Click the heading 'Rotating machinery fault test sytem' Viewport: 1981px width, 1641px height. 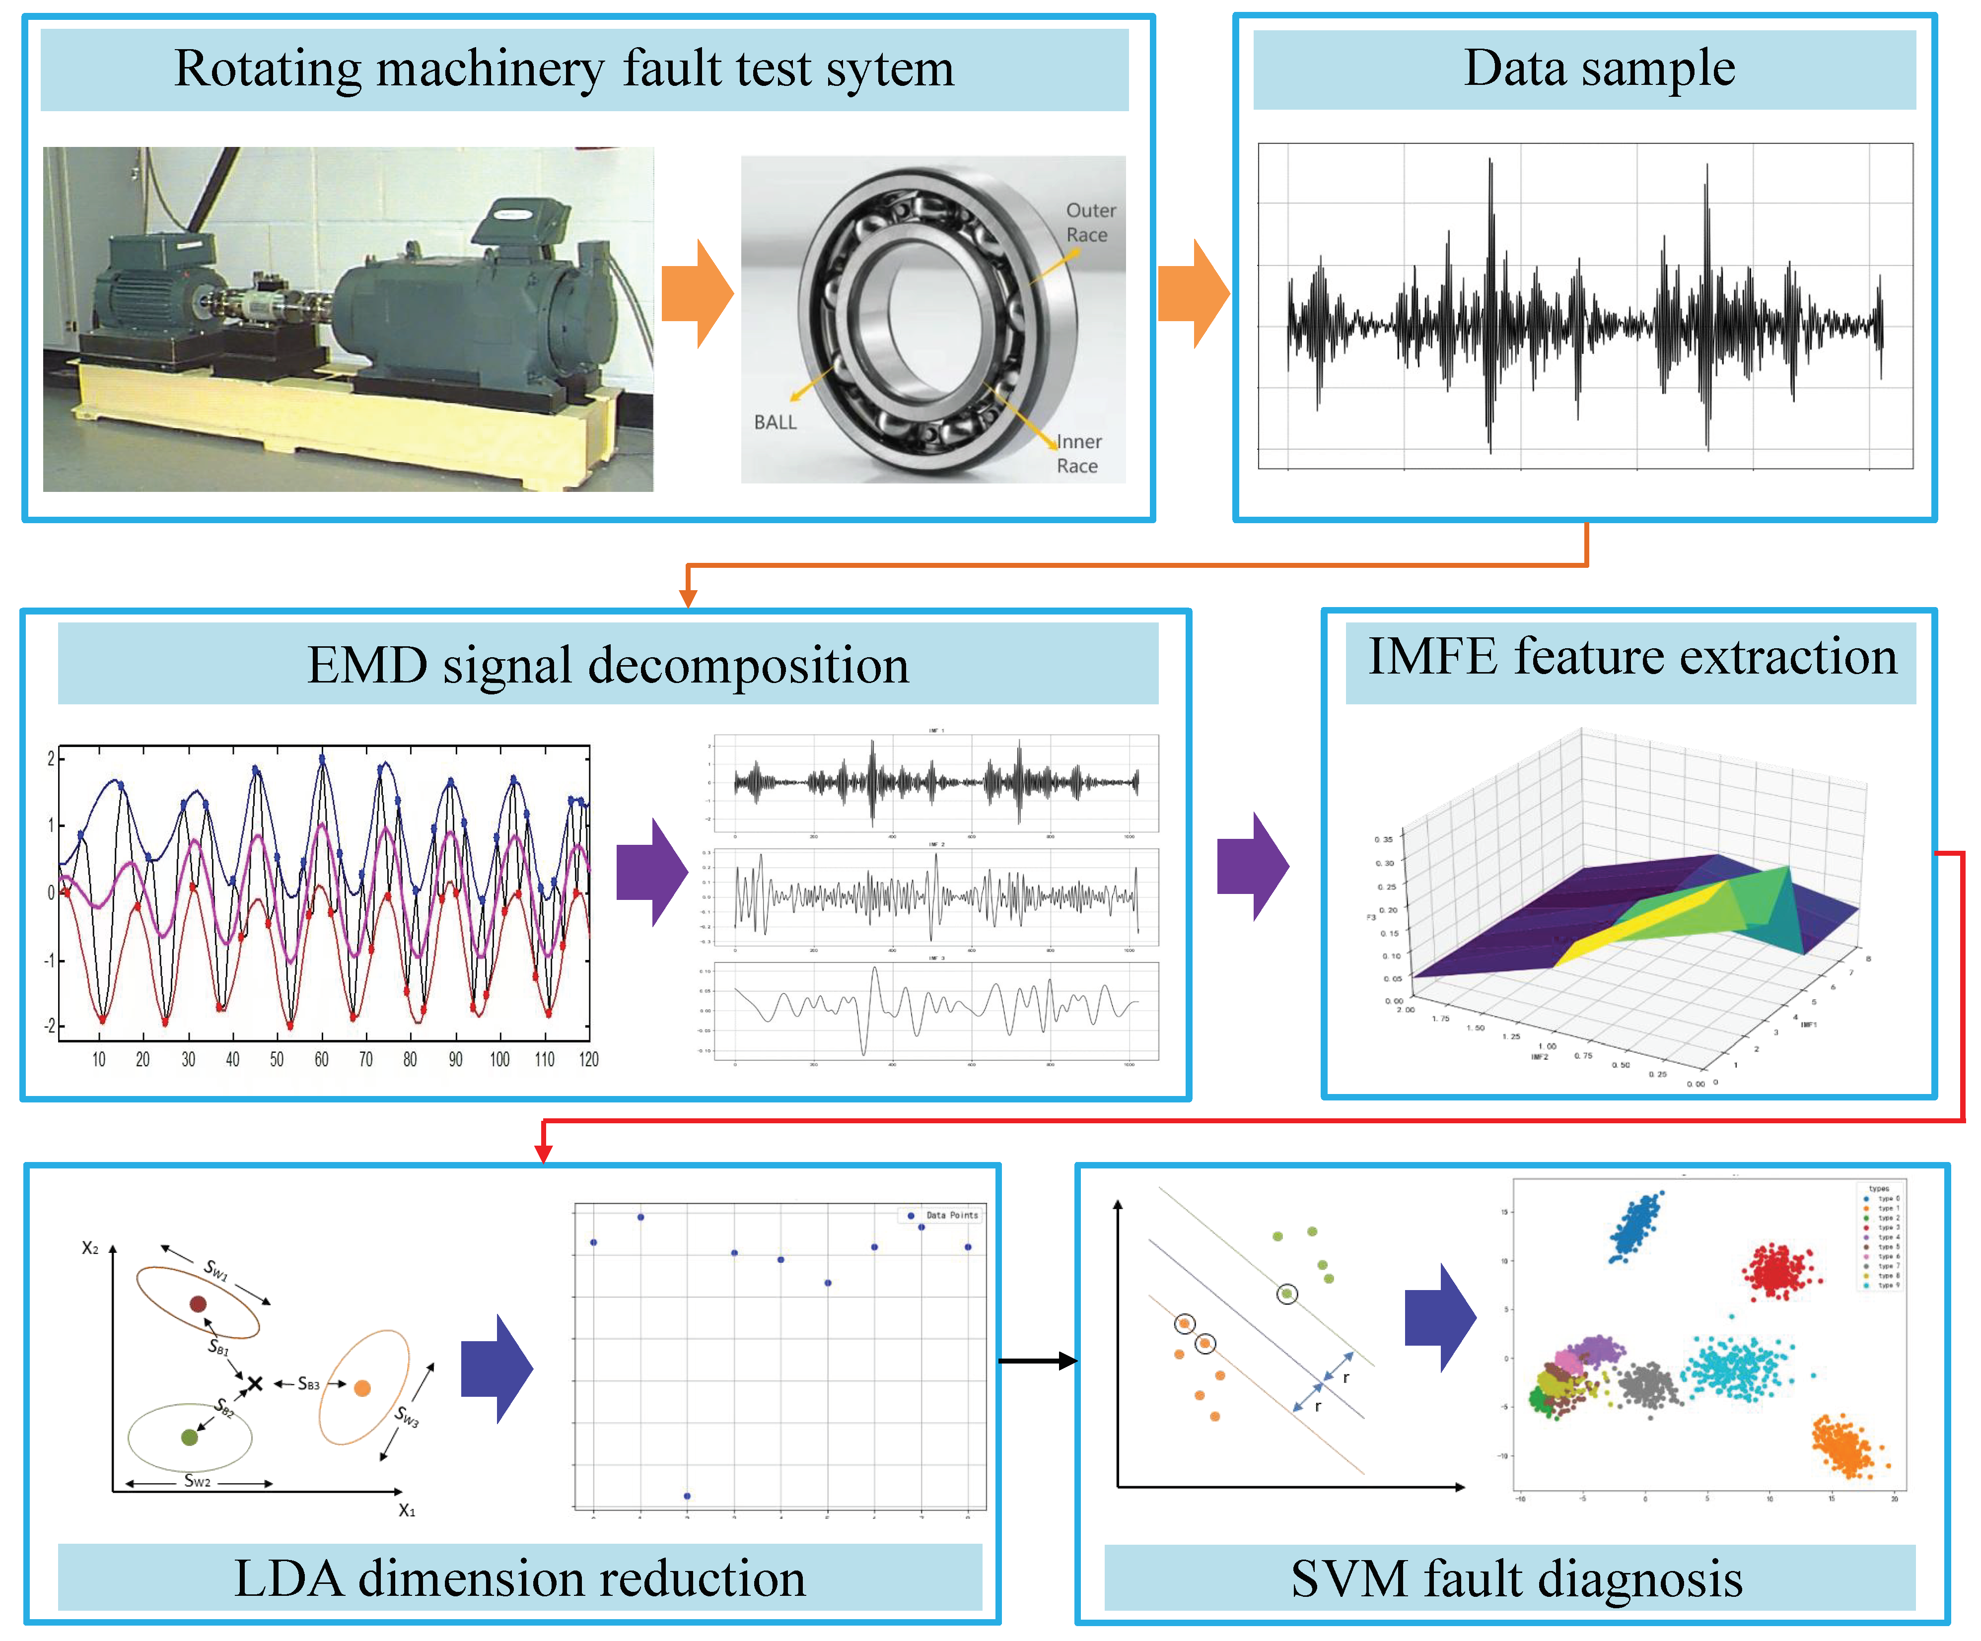point(564,69)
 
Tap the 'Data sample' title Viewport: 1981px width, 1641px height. point(1598,69)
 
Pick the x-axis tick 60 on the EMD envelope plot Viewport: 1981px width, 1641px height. point(322,1059)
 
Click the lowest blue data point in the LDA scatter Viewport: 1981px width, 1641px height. point(687,1496)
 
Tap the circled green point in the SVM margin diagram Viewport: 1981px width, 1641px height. point(1287,1294)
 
